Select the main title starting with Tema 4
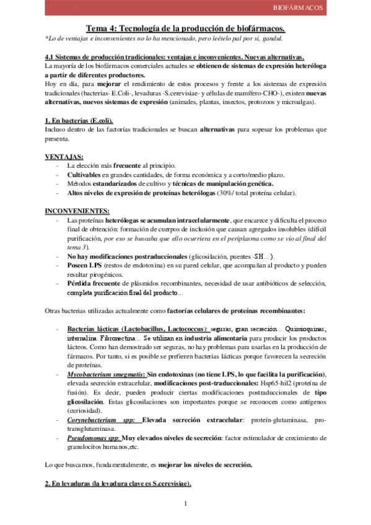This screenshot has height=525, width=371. pyautogui.click(x=185, y=28)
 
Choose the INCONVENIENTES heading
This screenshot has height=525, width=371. pyautogui.click(x=77, y=211)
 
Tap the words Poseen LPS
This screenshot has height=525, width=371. pyautogui.click(x=84, y=266)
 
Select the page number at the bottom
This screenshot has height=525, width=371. pyautogui.click(x=185, y=503)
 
